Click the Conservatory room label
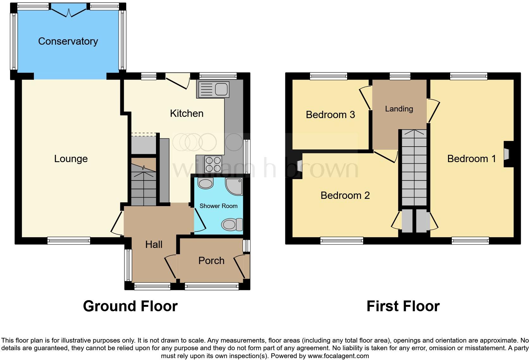tap(68, 41)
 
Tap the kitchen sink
tap(213, 89)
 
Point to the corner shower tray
tap(234, 186)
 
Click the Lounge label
tap(71, 159)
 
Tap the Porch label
tap(211, 261)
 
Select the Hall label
tap(154, 244)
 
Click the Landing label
tap(399, 109)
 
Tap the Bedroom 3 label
tap(330, 115)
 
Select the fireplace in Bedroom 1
tap(507, 154)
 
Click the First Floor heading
tap(403, 306)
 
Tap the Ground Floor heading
tap(130, 306)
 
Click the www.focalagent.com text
tap(338, 356)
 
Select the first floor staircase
tap(414, 168)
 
